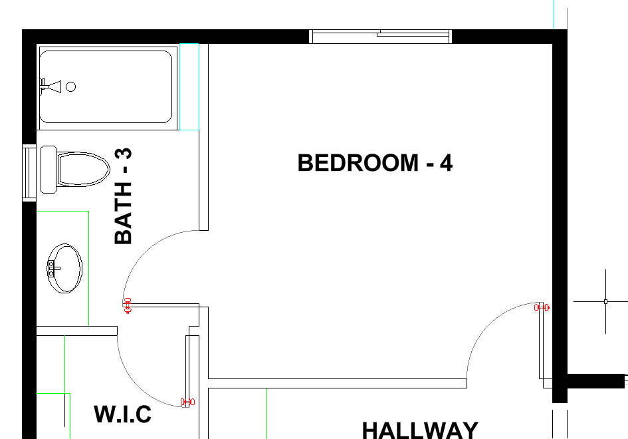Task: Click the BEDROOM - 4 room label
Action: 375,163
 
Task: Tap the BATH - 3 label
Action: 124,196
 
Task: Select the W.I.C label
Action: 122,414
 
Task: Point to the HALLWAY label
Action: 420,430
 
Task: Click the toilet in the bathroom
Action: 75,170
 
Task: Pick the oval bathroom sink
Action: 65,268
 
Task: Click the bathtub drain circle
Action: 71,86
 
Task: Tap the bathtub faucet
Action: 51,86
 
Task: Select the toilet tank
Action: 49,170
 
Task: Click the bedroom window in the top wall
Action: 381,37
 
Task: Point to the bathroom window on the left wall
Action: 29,173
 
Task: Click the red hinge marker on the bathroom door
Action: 128,305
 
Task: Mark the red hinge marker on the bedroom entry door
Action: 542,307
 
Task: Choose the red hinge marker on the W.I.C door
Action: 187,402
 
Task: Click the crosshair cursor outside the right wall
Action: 605,301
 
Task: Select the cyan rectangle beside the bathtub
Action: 189,86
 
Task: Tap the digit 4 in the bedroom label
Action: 447,163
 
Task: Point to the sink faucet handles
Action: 51,268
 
